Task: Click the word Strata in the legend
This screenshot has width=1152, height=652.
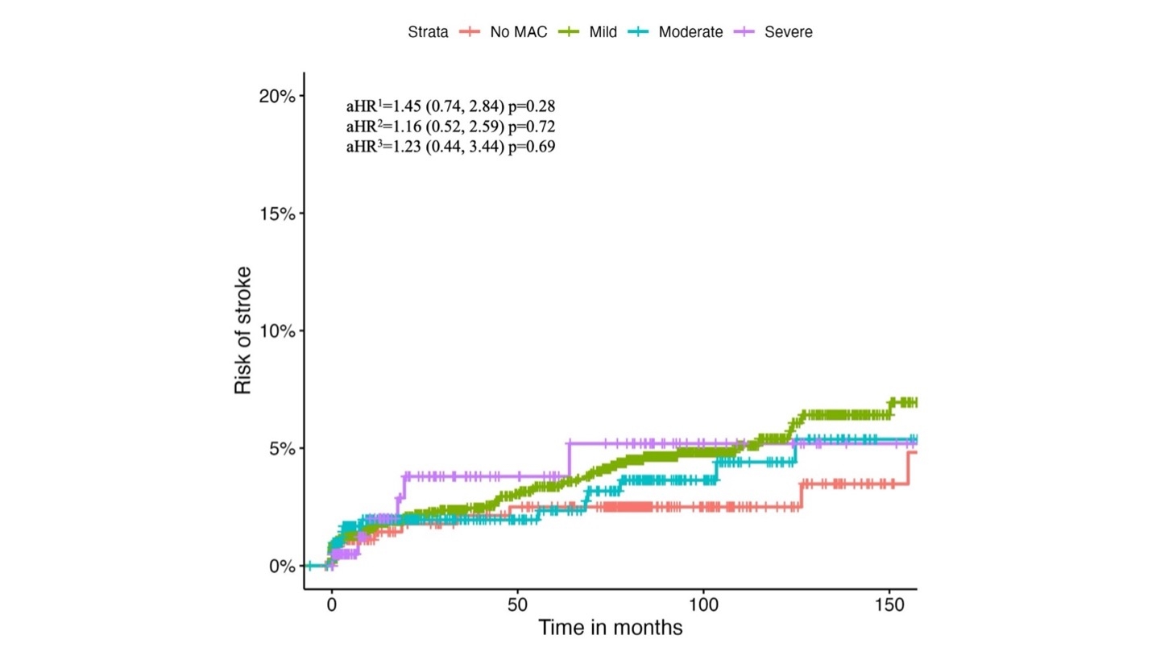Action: [x=428, y=32]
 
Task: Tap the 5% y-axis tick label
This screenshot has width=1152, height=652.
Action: [x=283, y=449]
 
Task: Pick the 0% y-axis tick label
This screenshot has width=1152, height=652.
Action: [x=283, y=567]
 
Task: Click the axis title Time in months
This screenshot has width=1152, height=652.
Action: [x=610, y=627]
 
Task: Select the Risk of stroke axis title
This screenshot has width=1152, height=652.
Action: [x=243, y=330]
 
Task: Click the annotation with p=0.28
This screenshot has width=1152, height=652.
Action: [x=450, y=106]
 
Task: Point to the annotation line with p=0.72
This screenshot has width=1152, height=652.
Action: [x=450, y=127]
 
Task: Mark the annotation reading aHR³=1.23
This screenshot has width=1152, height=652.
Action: [x=450, y=147]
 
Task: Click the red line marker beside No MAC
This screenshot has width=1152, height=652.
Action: [x=470, y=32]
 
